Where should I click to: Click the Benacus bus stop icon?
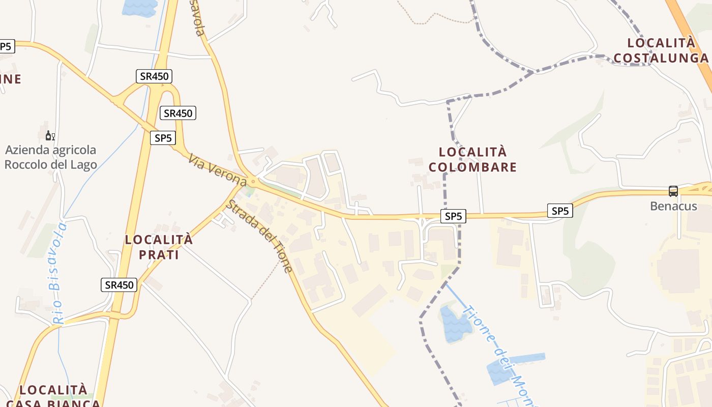[x=673, y=191]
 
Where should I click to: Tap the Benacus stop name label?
[x=673, y=207]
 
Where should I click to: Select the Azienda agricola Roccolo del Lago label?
[x=50, y=157]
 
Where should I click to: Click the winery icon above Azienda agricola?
[x=50, y=135]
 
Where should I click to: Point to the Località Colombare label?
[x=472, y=159]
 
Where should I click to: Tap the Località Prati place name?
[x=159, y=247]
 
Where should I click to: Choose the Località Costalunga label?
[x=661, y=50]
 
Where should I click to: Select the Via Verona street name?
[x=217, y=170]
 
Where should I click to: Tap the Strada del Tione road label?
[x=259, y=236]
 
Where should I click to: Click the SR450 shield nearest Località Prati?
[x=120, y=285]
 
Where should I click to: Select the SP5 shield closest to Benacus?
[x=560, y=211]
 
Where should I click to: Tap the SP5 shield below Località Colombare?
[x=453, y=216]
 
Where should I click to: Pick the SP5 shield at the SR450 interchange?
[x=163, y=138]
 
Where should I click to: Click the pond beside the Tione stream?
[x=456, y=325]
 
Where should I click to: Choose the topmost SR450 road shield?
[x=154, y=76]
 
